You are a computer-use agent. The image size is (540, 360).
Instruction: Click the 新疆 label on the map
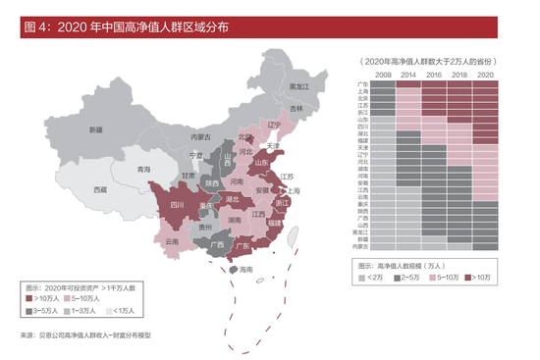95,130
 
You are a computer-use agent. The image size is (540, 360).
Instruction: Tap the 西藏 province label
99,188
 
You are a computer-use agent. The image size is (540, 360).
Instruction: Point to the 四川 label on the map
177,206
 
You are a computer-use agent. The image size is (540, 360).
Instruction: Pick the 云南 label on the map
172,240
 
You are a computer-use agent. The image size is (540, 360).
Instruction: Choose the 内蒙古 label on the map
201,137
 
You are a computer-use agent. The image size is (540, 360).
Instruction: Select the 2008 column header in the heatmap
384,76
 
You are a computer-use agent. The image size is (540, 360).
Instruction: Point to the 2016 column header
436,76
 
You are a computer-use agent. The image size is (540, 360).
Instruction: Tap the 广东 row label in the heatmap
362,84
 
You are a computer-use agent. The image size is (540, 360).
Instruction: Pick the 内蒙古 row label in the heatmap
360,246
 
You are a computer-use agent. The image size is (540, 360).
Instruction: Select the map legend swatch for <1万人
110,310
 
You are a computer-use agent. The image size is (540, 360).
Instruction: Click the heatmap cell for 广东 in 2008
384,84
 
